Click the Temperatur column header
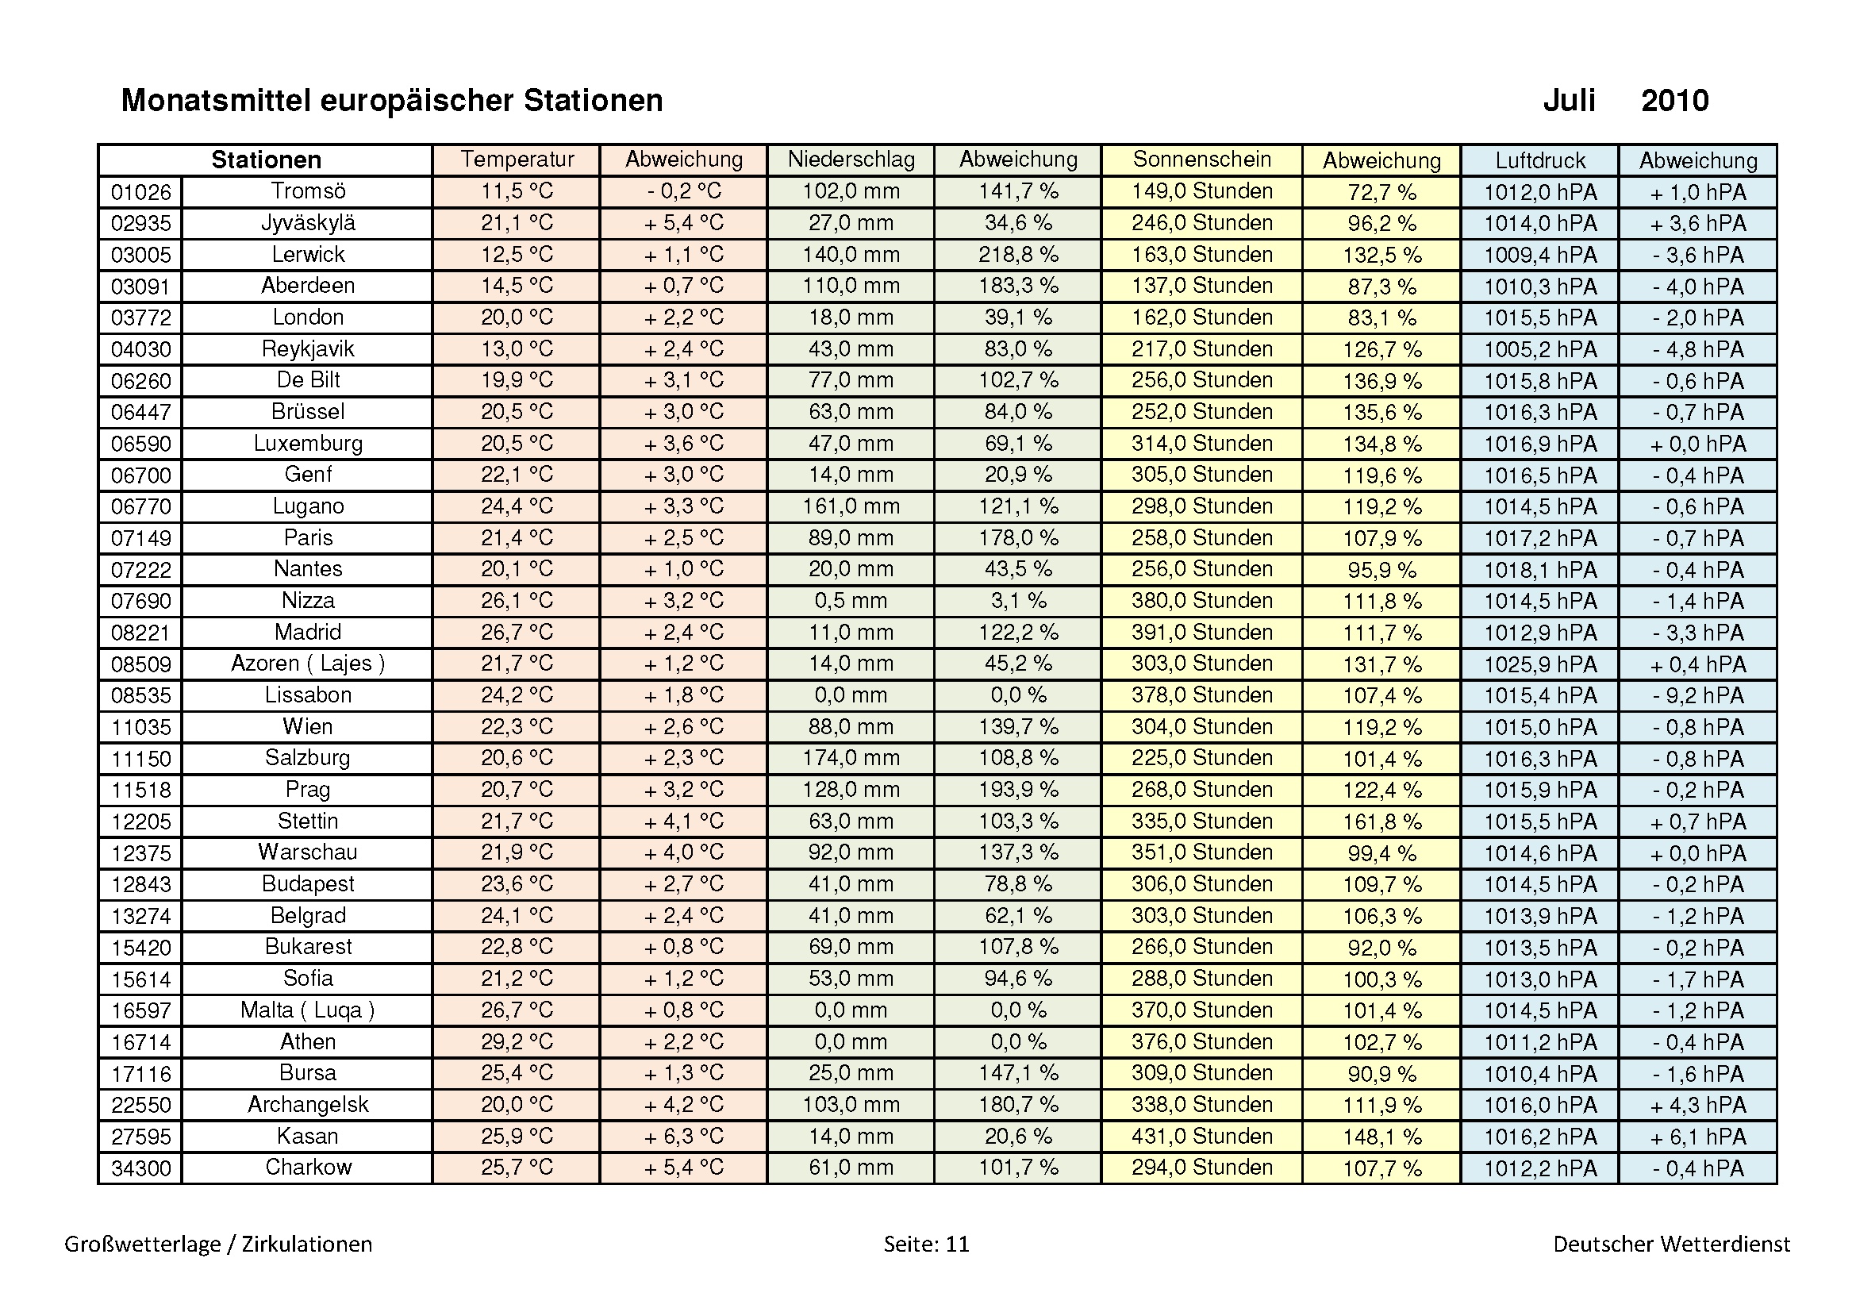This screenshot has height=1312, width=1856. coord(517,160)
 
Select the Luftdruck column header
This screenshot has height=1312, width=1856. coord(1539,160)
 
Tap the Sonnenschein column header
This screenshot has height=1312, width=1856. coord(1201,160)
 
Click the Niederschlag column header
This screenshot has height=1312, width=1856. coord(851,160)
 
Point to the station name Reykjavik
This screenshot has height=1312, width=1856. coord(308,349)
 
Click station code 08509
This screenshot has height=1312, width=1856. coord(140,664)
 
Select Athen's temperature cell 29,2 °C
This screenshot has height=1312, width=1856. coord(517,1042)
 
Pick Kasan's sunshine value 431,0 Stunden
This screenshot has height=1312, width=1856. coord(1201,1137)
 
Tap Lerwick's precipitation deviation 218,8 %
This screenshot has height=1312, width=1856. coord(1018,255)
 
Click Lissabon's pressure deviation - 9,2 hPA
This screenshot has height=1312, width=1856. coord(1697,695)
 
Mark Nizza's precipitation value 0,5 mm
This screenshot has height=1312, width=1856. coord(851,601)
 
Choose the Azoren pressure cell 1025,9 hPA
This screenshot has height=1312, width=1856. coord(1539,664)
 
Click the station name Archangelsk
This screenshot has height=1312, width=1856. coord(308,1105)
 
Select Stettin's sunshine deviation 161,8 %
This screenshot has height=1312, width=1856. coord(1381,822)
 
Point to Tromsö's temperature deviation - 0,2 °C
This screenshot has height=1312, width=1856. coord(683,191)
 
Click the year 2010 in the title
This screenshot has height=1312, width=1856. coord(1674,101)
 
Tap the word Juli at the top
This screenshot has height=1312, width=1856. coord(1568,101)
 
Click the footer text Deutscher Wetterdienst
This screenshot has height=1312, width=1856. coord(1671,1244)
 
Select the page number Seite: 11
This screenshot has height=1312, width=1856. coord(925,1244)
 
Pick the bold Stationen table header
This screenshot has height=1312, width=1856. coord(266,160)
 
